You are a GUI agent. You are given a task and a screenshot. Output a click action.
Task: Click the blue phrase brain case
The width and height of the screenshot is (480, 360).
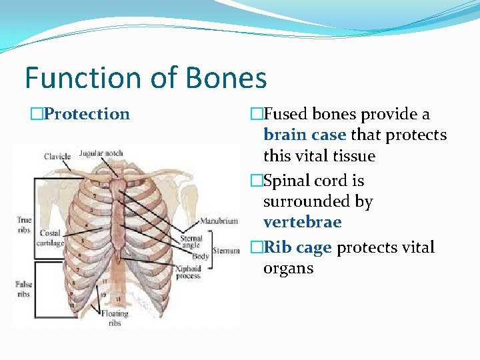305,135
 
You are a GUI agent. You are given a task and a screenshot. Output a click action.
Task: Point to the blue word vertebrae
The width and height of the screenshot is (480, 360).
302,222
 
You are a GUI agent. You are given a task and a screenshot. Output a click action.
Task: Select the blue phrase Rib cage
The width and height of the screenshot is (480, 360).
298,247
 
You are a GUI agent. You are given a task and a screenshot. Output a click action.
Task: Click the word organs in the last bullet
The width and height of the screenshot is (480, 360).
288,268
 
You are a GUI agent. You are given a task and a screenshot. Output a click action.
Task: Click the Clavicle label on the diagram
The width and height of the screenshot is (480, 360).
57,157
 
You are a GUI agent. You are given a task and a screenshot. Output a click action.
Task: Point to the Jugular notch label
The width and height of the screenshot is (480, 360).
101,153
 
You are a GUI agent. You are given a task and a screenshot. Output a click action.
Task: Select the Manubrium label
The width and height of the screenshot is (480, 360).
219,221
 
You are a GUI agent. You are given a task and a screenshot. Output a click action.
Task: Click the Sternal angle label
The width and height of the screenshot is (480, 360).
191,241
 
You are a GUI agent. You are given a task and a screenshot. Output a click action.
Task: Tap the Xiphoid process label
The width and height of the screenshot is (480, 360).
189,271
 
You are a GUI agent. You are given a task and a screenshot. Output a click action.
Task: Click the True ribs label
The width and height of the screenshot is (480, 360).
25,224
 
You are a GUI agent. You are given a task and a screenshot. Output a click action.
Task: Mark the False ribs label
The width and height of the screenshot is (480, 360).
23,289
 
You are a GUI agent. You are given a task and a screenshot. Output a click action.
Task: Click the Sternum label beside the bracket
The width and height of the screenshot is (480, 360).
226,251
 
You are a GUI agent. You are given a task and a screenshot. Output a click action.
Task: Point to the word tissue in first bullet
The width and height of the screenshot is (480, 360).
356,156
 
